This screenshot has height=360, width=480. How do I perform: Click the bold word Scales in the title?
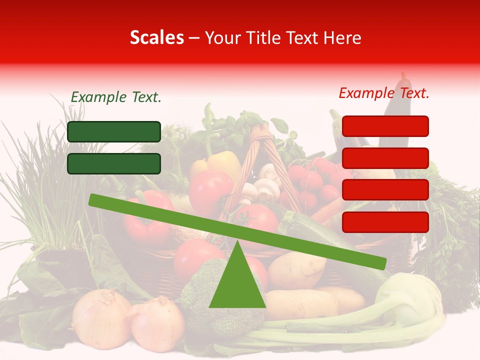point(156,38)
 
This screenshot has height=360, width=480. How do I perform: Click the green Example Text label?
point(116,97)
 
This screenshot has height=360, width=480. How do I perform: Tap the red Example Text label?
point(384,93)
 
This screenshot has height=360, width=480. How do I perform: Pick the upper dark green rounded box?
point(114,131)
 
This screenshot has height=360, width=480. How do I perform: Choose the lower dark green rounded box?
point(114,163)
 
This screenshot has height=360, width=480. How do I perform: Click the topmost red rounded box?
point(385,126)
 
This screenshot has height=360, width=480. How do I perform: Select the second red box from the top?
point(385,158)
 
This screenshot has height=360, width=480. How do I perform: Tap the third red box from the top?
point(385,190)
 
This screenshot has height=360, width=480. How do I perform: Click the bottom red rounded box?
point(385,222)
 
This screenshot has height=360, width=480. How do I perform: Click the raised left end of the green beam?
point(95,200)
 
